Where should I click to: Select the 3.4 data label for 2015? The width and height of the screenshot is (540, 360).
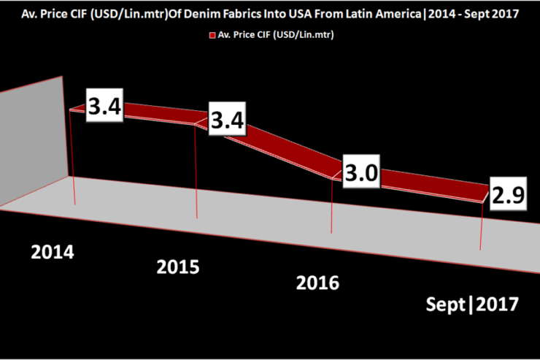tap(228, 122)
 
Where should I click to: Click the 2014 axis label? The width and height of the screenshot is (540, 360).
tap(53, 253)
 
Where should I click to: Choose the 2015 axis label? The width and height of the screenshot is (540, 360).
tap(178, 267)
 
